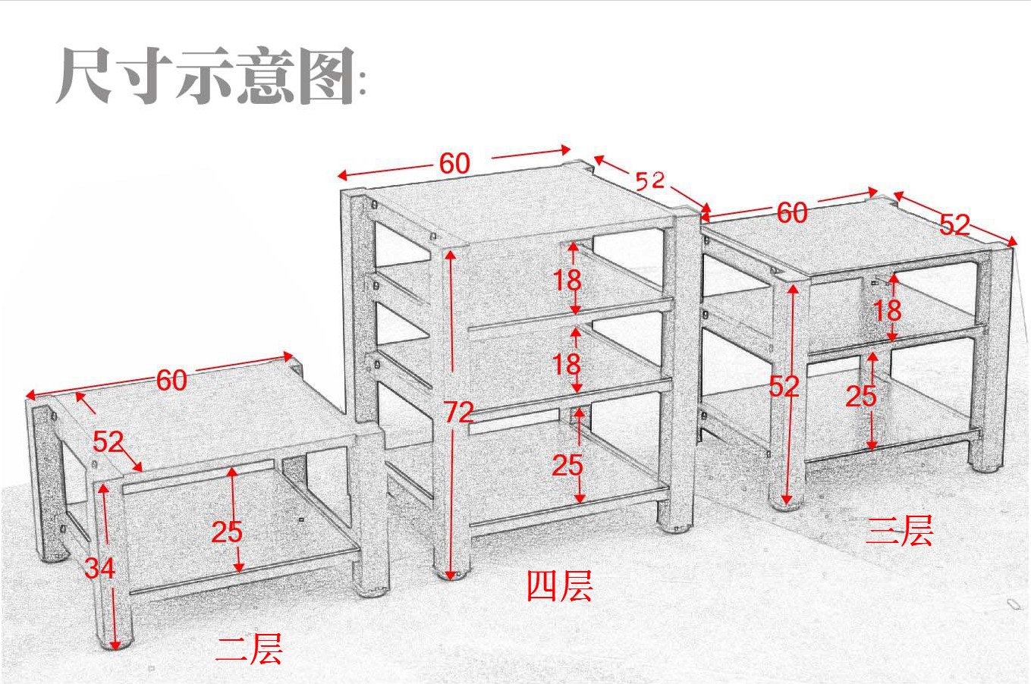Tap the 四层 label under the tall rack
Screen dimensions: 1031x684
[559, 586]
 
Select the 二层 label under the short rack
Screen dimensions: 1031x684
[249, 650]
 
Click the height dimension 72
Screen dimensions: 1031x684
[458, 412]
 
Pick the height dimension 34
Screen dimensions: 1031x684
[99, 566]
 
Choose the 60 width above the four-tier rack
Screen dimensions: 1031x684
[454, 163]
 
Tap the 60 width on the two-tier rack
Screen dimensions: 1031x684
[171, 380]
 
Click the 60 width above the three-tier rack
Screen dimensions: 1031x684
[791, 213]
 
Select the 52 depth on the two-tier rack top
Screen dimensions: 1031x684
[108, 441]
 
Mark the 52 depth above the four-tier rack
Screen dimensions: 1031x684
[649, 180]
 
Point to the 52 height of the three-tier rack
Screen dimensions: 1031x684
[784, 387]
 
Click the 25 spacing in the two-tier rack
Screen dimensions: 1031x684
[226, 532]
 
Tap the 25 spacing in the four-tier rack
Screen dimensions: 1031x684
[567, 465]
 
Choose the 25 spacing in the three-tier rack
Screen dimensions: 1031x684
[861, 395]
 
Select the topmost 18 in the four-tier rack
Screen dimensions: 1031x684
[567, 281]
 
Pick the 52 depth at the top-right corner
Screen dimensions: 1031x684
[954, 224]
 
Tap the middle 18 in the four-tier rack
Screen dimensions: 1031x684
[567, 365]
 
